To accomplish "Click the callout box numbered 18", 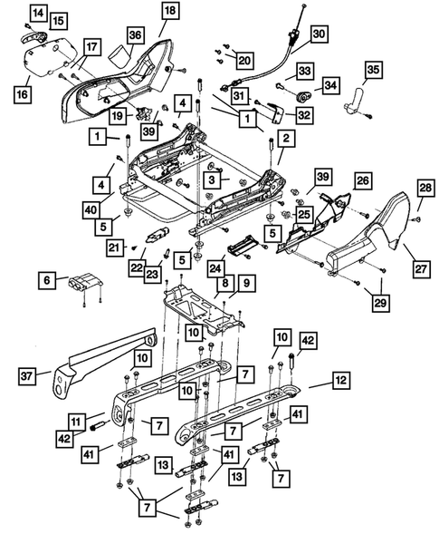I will [x=170, y=12].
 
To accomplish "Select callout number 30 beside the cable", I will [x=319, y=34].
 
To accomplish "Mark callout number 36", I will [x=135, y=35].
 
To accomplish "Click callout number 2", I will [x=284, y=139].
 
